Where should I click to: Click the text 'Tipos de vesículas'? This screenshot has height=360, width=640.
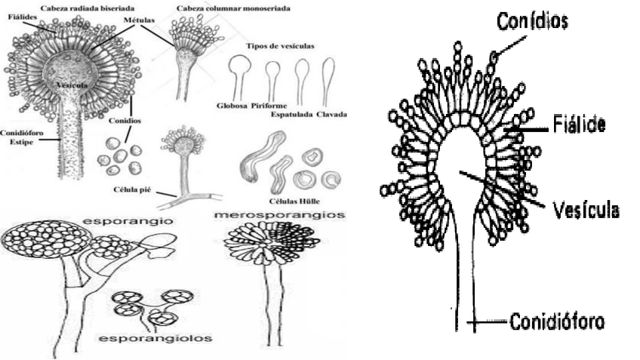[x=280, y=46]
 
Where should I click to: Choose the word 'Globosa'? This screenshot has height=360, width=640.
[x=231, y=105]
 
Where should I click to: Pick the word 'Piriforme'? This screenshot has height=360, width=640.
[x=268, y=105]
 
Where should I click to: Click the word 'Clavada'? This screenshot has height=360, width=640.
[x=332, y=114]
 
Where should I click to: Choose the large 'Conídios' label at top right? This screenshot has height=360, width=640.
[x=532, y=21]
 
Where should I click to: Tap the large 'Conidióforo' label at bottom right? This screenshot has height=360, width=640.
[x=557, y=323]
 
